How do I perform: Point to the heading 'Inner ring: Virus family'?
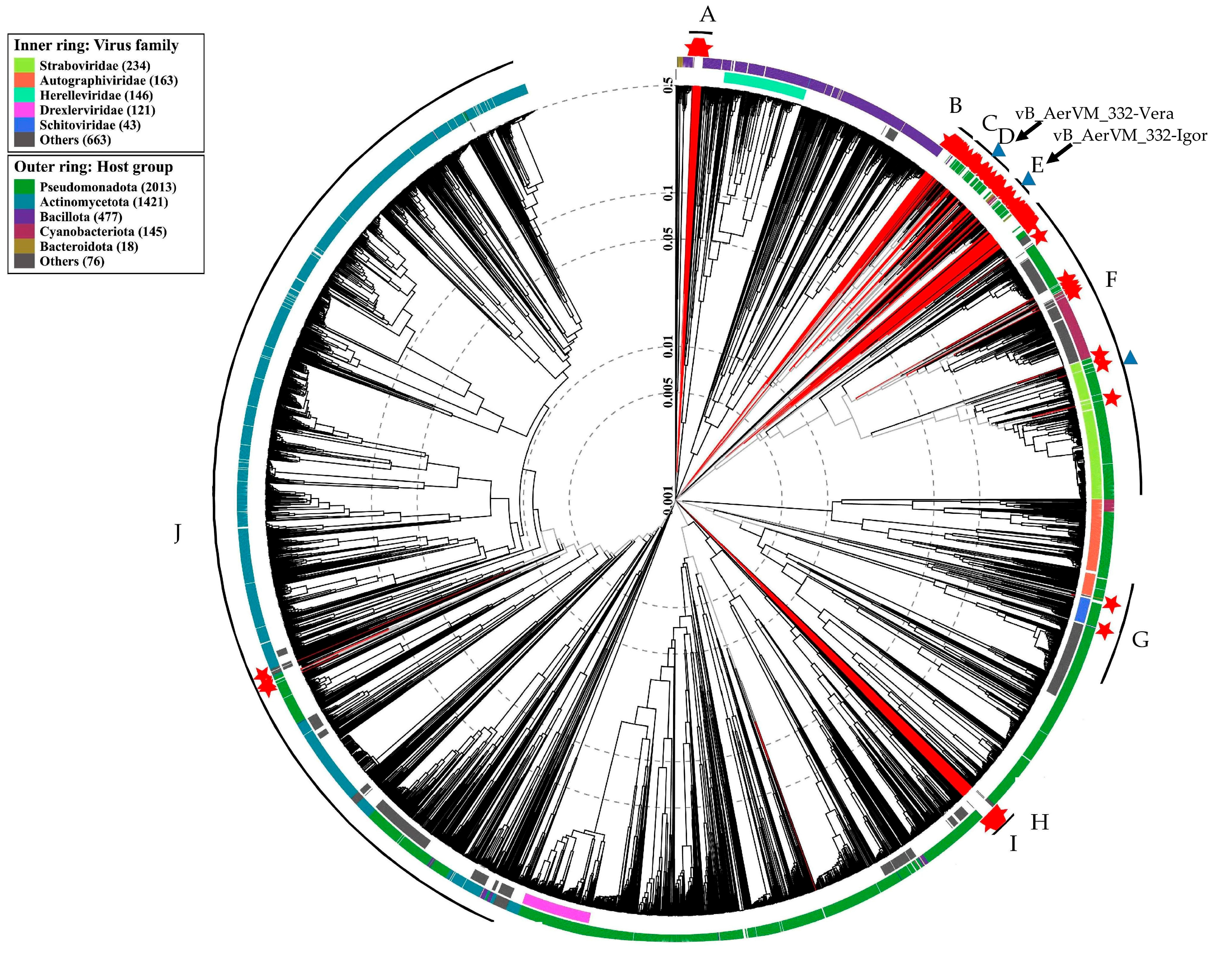[x=96, y=46]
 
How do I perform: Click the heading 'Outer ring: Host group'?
[x=93, y=167]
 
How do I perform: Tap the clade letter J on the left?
[x=177, y=534]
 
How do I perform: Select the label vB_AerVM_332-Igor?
[x=1130, y=136]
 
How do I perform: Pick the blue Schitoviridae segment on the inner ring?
[x=1083, y=610]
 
